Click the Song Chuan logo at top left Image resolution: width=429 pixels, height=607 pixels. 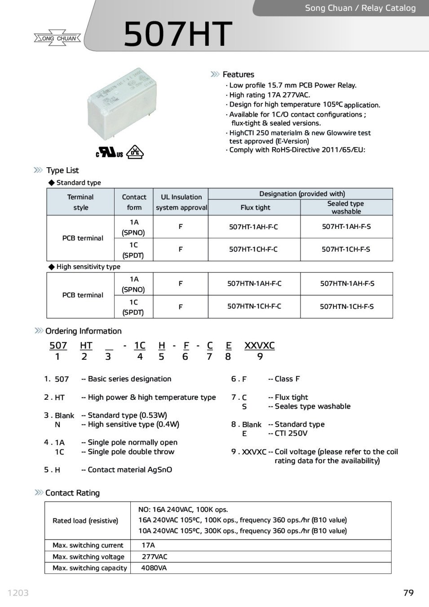(x=57, y=38)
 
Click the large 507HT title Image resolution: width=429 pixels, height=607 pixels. (x=177, y=34)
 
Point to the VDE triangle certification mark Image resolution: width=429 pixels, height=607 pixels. (x=135, y=152)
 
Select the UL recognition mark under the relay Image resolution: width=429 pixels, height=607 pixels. (x=109, y=153)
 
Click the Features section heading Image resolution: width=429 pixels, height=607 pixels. (x=238, y=75)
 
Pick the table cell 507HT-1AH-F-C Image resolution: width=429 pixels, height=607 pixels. (x=253, y=227)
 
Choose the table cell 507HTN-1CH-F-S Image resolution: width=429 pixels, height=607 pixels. (x=346, y=307)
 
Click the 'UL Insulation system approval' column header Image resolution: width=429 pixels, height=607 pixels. (x=181, y=202)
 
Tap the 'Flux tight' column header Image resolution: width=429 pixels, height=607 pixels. (x=255, y=208)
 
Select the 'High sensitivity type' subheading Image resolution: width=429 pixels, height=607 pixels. (x=88, y=267)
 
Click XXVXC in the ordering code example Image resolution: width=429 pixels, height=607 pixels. (x=259, y=346)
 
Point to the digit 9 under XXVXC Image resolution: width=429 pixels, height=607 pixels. (x=260, y=357)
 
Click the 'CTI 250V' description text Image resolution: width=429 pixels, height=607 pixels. (x=291, y=433)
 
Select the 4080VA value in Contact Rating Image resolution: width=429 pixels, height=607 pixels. (x=154, y=568)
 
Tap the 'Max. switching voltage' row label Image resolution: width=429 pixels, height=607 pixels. (x=88, y=557)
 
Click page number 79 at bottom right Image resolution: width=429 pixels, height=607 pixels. (x=408, y=593)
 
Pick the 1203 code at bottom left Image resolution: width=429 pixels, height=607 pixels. (x=18, y=593)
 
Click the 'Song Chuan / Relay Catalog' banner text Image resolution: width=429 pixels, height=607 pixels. (x=360, y=8)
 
